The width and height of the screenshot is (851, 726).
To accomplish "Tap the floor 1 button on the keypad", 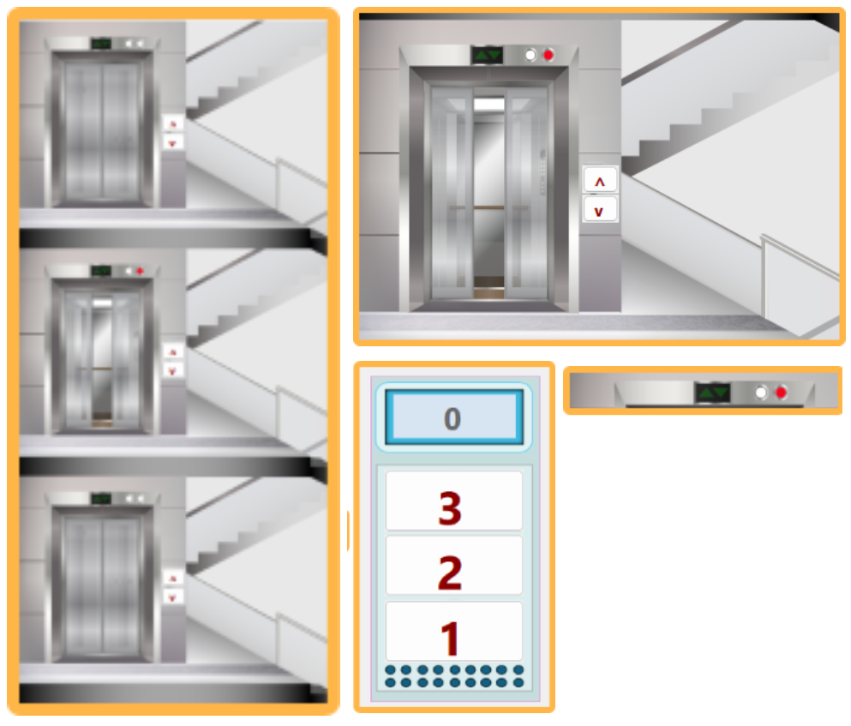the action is [x=453, y=631].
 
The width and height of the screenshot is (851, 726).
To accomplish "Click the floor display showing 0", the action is [x=453, y=417].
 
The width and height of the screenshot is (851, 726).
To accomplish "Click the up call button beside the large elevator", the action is [x=600, y=180].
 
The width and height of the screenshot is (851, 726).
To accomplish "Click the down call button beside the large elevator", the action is [x=600, y=210].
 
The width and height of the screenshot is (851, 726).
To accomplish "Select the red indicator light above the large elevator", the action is [x=548, y=55].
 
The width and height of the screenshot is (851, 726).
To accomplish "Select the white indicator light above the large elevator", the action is [x=530, y=55].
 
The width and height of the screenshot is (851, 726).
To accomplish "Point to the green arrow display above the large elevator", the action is [x=487, y=55].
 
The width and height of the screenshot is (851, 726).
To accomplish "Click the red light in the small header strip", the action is [x=781, y=392].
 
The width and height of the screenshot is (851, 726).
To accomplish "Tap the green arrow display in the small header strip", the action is [x=713, y=392].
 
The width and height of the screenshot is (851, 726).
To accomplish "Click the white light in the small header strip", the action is [x=761, y=392].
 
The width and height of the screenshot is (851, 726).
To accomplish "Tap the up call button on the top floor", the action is [x=173, y=124].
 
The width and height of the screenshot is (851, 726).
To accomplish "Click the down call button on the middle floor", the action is [x=173, y=371].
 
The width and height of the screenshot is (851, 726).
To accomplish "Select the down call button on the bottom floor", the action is [x=173, y=597].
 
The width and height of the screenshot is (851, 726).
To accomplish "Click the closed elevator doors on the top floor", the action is [x=101, y=130].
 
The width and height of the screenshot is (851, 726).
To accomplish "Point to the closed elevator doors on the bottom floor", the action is [x=101, y=585].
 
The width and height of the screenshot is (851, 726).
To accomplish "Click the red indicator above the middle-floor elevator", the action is [x=140, y=270].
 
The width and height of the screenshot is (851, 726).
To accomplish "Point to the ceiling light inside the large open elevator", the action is [x=489, y=104].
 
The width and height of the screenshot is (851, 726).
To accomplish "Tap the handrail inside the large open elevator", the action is [x=489, y=207].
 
